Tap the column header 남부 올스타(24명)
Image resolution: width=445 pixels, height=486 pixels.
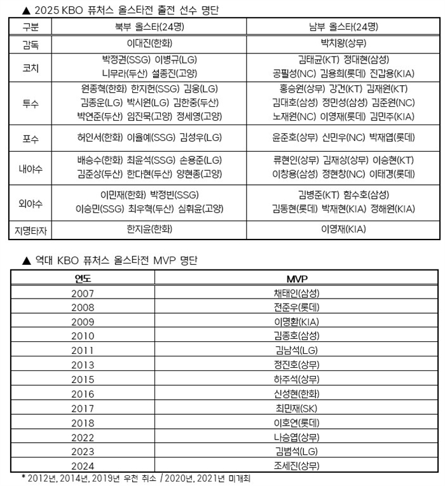[x=340, y=27]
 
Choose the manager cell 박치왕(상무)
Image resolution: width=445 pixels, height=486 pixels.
[x=341, y=44]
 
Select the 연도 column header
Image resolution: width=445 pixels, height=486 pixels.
[x=83, y=278]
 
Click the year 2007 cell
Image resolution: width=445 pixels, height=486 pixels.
[x=83, y=294]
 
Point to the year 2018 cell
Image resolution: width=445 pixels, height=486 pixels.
[x=83, y=422]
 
